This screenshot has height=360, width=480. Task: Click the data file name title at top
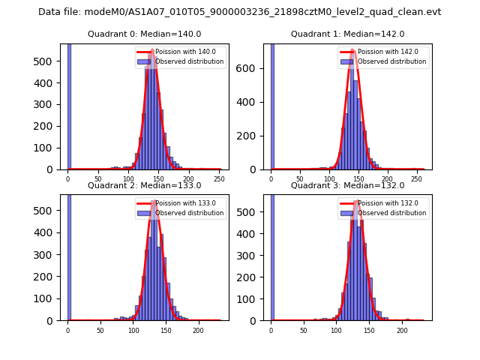pos(239,12)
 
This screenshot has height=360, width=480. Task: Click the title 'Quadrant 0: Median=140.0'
pos(144,34)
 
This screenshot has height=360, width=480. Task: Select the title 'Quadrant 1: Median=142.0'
pos(347,34)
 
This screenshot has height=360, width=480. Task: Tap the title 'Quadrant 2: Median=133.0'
pos(144,185)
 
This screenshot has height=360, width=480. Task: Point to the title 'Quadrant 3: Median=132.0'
pos(347,185)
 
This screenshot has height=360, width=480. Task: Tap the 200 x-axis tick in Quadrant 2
pos(198,331)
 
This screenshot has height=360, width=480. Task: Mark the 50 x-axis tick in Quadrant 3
pos(304,331)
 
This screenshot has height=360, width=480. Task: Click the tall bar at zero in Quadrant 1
pos(271,105)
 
